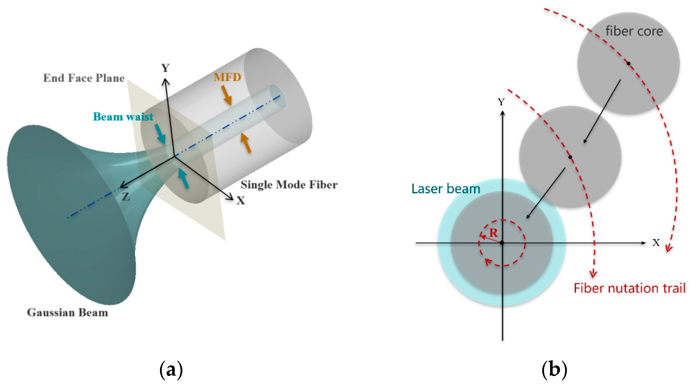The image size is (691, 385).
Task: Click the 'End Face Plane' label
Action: point(84,78)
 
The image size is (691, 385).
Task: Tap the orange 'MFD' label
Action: point(227,77)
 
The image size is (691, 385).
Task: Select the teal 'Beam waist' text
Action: point(123,117)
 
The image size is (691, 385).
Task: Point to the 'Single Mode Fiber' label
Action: point(289,185)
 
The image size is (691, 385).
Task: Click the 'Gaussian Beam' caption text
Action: point(67,313)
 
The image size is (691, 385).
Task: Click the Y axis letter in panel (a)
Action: point(166,68)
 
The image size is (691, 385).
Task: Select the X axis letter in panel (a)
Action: point(241,200)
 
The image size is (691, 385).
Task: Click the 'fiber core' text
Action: point(634,31)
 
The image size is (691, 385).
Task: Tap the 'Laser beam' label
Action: point(446,189)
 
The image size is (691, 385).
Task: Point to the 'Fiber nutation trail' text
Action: point(629,288)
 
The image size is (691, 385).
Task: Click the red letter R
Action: point(493,233)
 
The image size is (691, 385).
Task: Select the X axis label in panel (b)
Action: point(656,243)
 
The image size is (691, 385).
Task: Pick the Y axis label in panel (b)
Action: point(501,102)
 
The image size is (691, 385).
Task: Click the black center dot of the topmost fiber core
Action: point(628,64)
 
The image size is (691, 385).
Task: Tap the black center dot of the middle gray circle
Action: point(570,157)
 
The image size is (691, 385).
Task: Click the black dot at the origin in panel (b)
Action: point(502,243)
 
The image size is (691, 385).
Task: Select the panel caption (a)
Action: point(171,370)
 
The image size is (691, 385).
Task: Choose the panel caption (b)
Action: point(554,370)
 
